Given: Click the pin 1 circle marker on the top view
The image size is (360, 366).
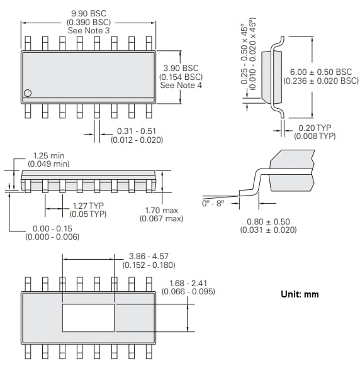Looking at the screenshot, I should [27, 93].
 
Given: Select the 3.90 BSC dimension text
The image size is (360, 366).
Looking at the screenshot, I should [181, 68].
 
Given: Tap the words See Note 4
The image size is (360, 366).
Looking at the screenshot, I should [181, 86].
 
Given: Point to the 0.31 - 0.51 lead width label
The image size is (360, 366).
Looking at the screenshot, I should [136, 131].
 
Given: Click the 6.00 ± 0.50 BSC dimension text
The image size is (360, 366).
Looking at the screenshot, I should [322, 72].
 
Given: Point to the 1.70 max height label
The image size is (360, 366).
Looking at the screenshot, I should [161, 210].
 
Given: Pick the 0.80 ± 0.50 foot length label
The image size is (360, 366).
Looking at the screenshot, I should [267, 221].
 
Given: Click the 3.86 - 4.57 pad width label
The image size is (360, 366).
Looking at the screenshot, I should [149, 256].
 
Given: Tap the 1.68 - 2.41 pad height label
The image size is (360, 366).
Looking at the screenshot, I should [189, 283].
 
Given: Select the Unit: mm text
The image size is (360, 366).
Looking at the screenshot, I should [300, 294].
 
